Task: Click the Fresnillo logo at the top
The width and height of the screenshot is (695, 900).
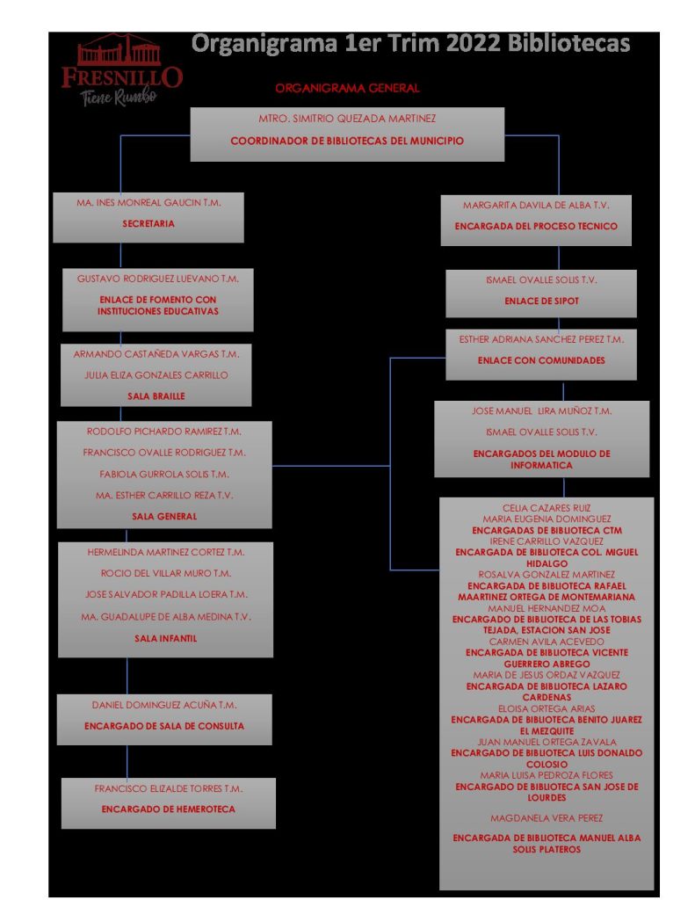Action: click(121, 70)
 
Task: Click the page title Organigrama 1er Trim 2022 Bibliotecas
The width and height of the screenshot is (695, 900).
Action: click(410, 43)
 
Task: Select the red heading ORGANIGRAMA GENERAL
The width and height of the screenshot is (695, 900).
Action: click(347, 88)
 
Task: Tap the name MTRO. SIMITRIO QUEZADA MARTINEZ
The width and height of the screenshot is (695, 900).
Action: click(347, 119)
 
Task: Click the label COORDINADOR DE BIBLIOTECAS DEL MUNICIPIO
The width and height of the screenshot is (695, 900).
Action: click(347, 141)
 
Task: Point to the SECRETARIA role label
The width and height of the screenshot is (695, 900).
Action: click(148, 224)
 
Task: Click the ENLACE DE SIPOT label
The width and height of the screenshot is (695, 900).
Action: click(541, 301)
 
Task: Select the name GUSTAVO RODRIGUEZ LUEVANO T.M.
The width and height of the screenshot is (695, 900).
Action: click(158, 278)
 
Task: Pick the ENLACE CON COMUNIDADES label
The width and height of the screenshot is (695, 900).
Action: click(541, 360)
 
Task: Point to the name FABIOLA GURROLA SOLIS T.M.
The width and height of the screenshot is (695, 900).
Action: click(164, 475)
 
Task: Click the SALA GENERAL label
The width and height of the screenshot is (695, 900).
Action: click(164, 517)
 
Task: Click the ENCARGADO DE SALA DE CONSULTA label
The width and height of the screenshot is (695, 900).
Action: click(164, 727)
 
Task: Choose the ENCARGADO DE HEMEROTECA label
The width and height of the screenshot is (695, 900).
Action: click(168, 809)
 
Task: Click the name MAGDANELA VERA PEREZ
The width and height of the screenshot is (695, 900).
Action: click(547, 818)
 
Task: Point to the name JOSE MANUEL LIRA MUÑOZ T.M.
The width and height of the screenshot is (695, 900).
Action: click(541, 411)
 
